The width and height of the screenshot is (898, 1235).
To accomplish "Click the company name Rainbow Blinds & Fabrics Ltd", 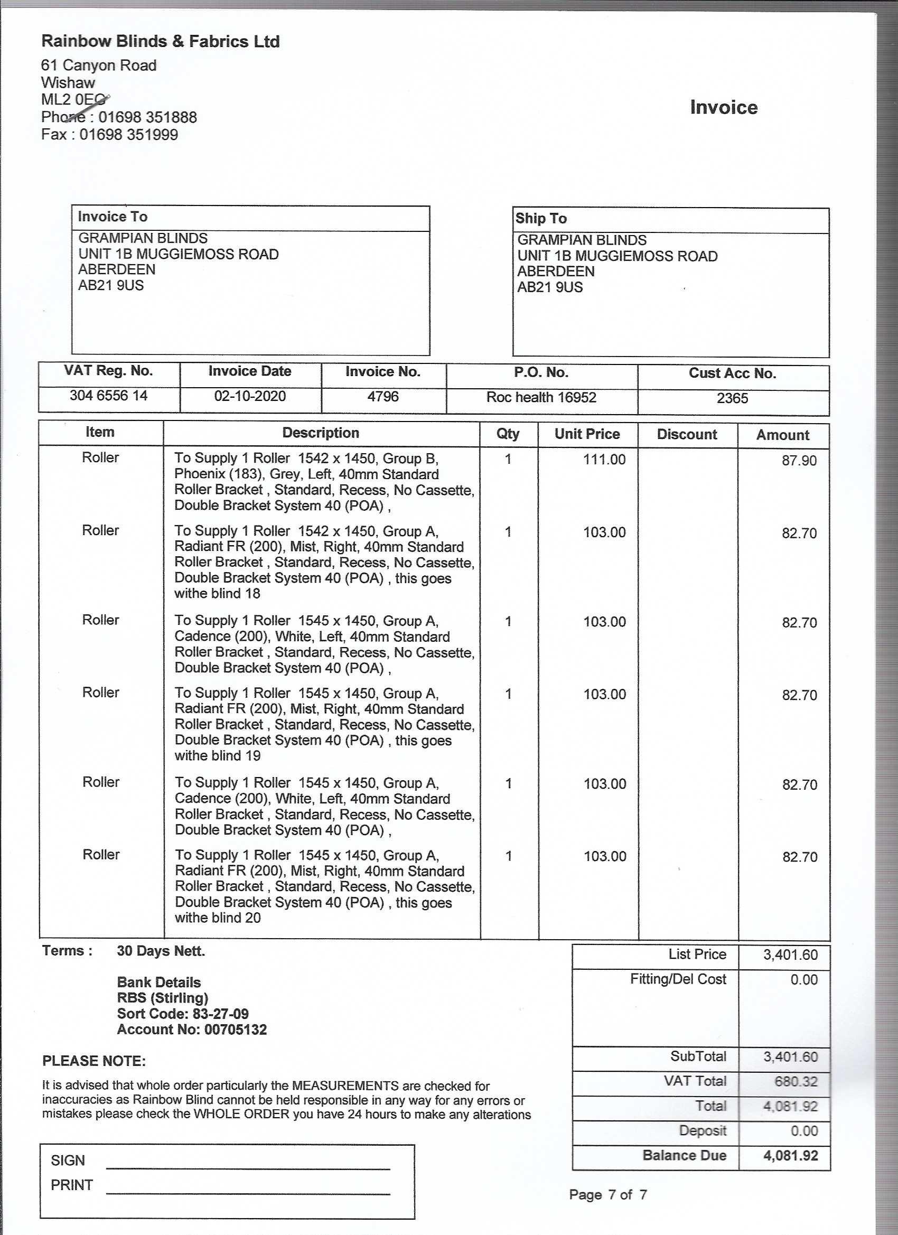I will click(160, 41).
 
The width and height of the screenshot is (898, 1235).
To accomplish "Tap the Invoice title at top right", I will click(723, 107).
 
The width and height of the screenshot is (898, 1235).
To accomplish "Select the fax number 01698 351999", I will click(128, 135).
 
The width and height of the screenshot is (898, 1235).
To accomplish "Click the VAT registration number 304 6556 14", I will click(108, 395).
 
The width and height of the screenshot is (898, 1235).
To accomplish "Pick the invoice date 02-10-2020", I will click(250, 396).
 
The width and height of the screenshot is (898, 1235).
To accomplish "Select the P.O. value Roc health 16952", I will click(541, 397).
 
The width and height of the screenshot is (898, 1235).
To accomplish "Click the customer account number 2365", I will click(732, 398).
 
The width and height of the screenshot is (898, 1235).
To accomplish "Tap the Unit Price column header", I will click(587, 434).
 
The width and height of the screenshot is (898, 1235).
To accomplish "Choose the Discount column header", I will click(687, 435).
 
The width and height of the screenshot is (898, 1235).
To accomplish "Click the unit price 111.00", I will click(604, 460).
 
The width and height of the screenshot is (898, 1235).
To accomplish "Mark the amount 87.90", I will click(799, 461).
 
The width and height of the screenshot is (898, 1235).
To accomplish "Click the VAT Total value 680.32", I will click(796, 1081).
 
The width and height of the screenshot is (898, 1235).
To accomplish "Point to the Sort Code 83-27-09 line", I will click(182, 1013).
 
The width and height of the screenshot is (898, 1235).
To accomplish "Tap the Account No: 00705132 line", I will click(192, 1029).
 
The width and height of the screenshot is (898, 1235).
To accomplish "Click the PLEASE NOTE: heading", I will click(93, 1061).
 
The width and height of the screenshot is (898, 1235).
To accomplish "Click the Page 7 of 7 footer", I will click(608, 1195).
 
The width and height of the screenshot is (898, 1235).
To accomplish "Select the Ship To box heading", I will click(541, 218).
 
